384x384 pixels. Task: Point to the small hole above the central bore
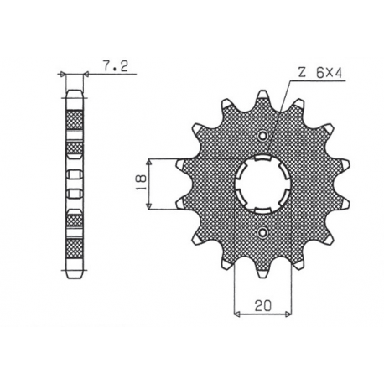click(264, 136)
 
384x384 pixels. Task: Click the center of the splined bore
click(262, 184)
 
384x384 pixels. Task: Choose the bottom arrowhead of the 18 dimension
click(150, 208)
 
